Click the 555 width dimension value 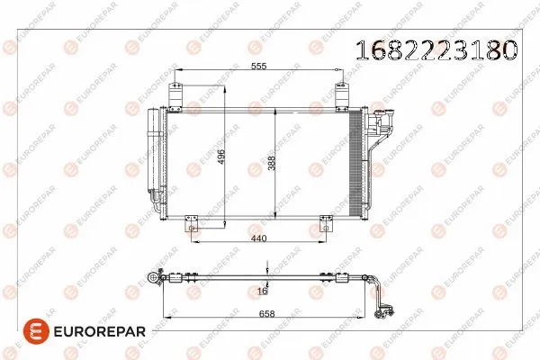pyautogui.click(x=259, y=67)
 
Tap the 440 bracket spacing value pyautogui.click(x=260, y=238)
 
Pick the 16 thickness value pyautogui.click(x=262, y=291)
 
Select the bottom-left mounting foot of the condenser pyautogui.click(x=191, y=221)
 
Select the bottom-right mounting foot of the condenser pyautogui.click(x=319, y=221)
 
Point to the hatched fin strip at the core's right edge pyautogui.click(x=354, y=162)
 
